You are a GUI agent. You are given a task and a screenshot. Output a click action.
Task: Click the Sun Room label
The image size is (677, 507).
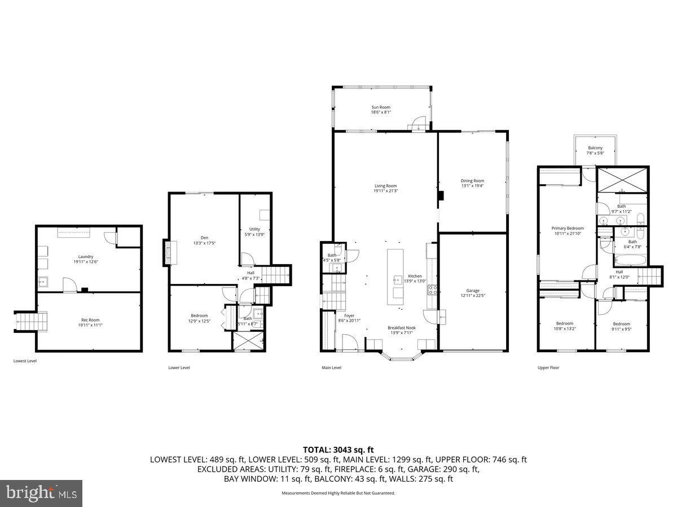[x=380, y=107]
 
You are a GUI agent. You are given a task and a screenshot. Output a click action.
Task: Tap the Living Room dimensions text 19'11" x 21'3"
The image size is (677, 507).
[x=385, y=191]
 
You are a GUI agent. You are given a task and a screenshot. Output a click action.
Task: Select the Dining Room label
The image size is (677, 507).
[x=472, y=181]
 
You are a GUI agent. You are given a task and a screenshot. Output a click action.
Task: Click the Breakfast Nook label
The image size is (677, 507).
[x=401, y=327]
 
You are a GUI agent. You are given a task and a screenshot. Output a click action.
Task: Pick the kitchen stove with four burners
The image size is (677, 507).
[x=433, y=290]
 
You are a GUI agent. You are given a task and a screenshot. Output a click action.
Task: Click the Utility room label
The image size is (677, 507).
[x=254, y=229]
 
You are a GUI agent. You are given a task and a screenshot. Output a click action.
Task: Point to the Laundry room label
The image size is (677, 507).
[x=86, y=256]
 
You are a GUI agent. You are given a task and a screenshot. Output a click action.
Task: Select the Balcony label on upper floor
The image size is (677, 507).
[x=595, y=148]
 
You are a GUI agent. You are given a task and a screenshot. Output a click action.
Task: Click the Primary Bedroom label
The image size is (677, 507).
[x=567, y=228]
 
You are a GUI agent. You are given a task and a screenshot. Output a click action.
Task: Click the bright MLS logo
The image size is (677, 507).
[x=41, y=493]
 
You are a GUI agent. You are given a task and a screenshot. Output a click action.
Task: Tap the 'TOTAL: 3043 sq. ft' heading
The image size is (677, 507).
[x=338, y=450]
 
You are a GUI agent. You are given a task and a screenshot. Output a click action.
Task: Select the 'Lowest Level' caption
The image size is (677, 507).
[x=25, y=361]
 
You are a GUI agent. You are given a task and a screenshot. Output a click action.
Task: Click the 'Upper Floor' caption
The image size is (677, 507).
[x=548, y=368]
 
